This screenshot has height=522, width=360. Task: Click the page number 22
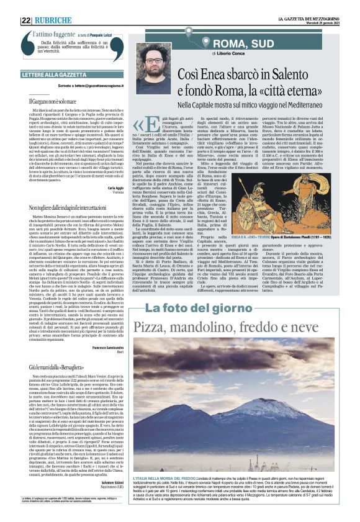pos(26,20)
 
